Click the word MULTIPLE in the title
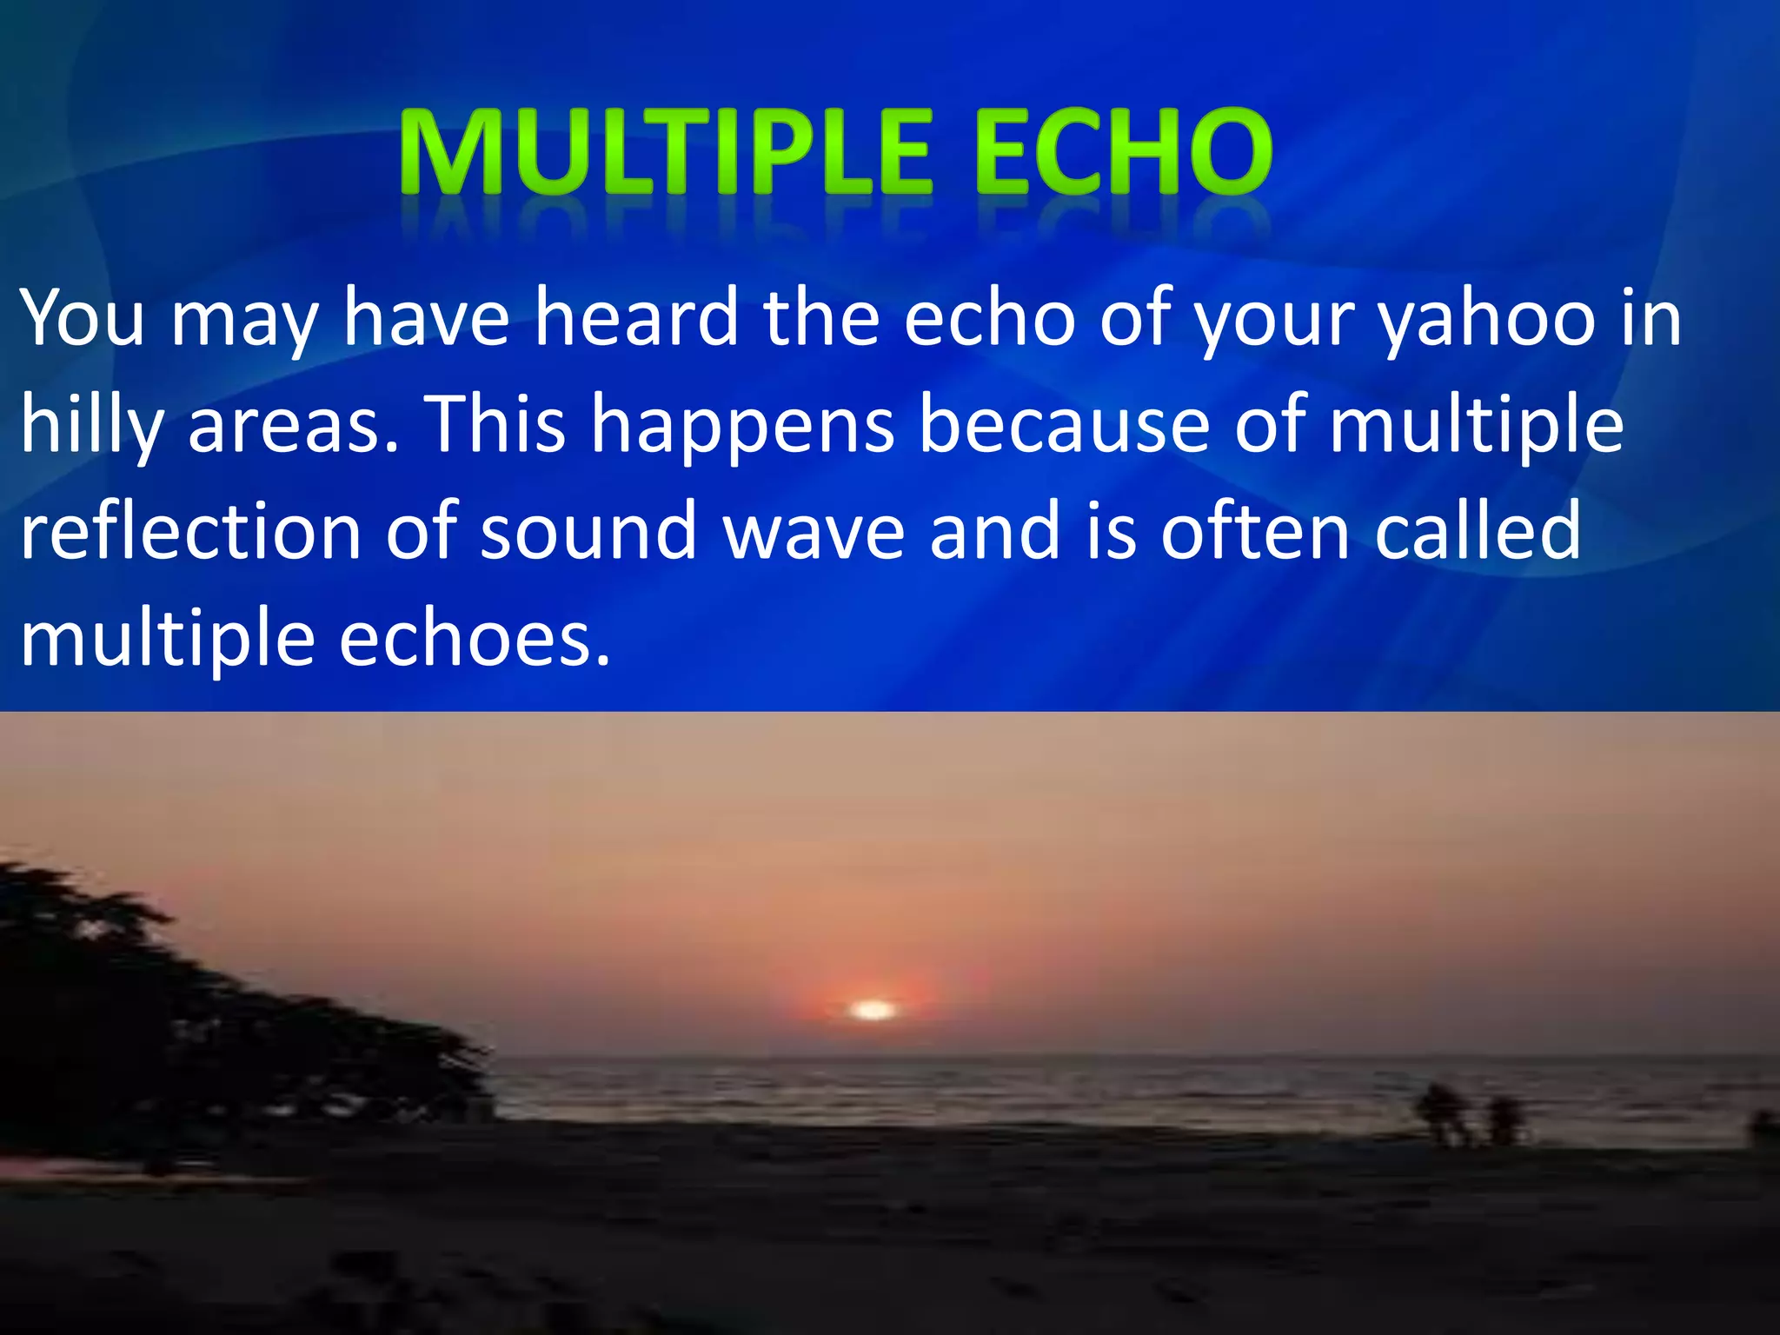[666, 153]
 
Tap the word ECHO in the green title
[1123, 153]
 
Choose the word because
[1065, 425]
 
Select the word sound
[588, 531]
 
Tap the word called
[1477, 531]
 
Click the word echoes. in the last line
[475, 639]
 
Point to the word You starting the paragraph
[83, 318]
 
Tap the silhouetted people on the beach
[1469, 1115]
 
